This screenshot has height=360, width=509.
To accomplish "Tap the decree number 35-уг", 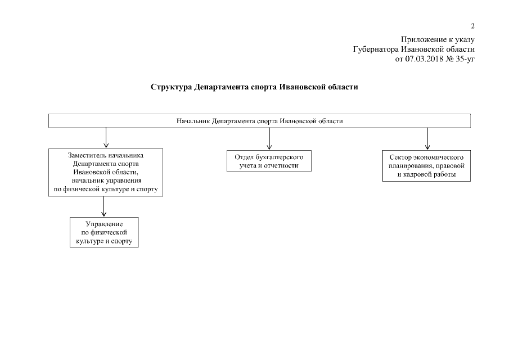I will [465, 58].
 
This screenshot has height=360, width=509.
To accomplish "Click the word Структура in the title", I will [170, 87].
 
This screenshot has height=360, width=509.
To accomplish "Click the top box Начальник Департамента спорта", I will [259, 121].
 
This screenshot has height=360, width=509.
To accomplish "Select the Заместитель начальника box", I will [106, 172].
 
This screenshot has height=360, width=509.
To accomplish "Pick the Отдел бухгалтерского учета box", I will [269, 161].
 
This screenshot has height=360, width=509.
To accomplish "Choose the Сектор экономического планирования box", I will [426, 165].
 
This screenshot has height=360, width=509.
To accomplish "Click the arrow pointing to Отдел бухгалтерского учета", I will [269, 138].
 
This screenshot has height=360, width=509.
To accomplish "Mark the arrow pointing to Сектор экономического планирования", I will [427, 138].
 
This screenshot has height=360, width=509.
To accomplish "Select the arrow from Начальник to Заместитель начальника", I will [106, 138].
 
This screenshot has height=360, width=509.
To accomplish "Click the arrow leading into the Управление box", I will [104, 206].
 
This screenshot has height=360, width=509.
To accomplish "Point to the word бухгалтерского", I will [280, 157].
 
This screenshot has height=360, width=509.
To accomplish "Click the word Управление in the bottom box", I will [104, 224].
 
